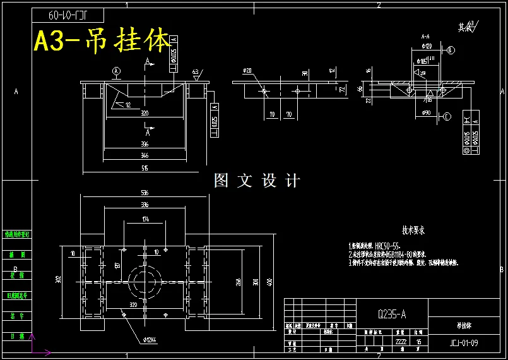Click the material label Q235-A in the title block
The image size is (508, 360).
(x=391, y=314)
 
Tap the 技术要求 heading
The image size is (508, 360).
(x=413, y=231)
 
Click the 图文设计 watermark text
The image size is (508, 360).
(x=257, y=181)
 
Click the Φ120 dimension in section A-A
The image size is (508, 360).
(x=426, y=46)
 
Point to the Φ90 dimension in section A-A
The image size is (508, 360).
(x=426, y=113)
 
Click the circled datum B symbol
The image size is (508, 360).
(x=450, y=50)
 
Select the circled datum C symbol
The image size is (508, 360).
(x=447, y=116)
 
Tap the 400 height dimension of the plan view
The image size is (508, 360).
(x=269, y=281)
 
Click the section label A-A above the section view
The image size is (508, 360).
(x=425, y=37)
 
